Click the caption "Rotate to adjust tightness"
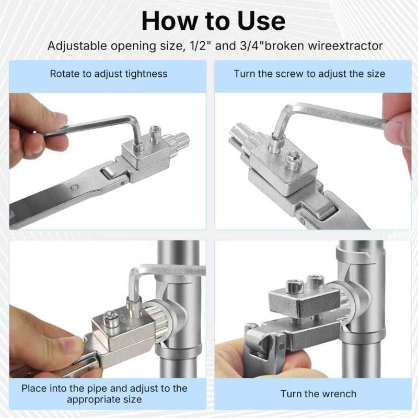[x=108, y=74]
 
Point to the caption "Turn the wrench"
[x=318, y=394]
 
